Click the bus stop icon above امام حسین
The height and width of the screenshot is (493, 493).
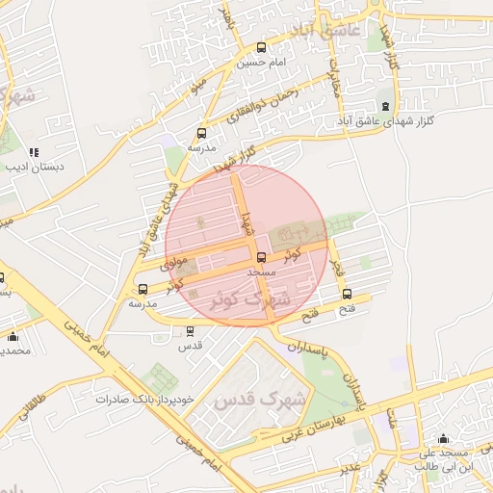point(262,47)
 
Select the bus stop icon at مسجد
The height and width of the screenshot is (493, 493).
point(261,257)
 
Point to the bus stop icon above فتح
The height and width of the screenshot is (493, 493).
point(348,295)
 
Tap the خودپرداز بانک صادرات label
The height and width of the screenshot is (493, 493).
point(152,398)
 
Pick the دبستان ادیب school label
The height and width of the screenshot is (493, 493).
point(35,167)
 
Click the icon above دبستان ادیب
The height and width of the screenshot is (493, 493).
point(35,151)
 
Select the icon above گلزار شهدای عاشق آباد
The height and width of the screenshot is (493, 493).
point(385,106)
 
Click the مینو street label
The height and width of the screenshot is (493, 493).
point(198,86)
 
